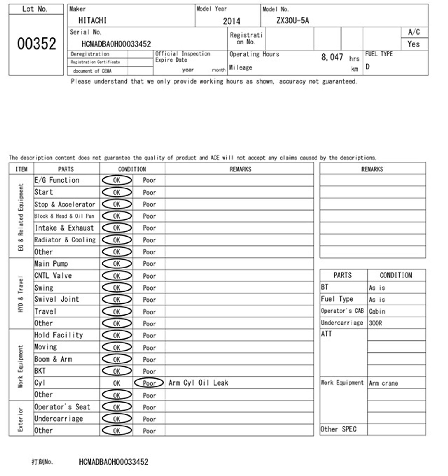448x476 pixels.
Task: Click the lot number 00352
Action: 36,44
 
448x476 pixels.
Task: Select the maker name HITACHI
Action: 92,20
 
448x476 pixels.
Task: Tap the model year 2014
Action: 231,21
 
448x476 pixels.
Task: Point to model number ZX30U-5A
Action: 292,20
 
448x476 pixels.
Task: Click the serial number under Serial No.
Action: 116,44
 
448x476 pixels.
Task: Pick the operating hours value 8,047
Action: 332,57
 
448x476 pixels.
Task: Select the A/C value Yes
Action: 414,44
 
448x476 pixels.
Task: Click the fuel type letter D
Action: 368,67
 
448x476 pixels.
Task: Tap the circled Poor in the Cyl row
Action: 149,383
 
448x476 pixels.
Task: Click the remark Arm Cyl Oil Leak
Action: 198,383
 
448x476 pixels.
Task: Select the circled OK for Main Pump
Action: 117,264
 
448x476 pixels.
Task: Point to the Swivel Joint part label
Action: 57,299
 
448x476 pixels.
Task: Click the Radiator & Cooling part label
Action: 65,240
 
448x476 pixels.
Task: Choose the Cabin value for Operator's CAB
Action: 377,311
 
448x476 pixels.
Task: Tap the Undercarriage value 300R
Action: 375,323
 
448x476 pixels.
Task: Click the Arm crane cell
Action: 383,383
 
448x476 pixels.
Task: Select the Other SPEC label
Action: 338,429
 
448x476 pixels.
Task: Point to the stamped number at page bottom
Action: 113,462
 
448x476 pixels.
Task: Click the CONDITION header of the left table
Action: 132,169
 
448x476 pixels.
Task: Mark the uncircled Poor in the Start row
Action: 149,193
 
